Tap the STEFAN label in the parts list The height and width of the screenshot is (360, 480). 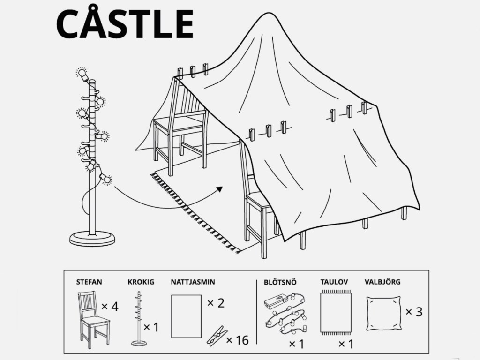[89, 282]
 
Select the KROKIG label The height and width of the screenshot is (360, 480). [141, 282]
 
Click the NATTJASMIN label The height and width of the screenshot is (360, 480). [193, 282]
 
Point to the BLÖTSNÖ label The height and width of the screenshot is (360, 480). [280, 282]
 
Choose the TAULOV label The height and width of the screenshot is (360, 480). [334, 282]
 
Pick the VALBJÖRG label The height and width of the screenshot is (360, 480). [382, 282]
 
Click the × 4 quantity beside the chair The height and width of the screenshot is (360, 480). [110, 306]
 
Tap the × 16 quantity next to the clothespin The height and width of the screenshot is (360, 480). [237, 340]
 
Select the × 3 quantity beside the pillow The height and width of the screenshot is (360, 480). [414, 312]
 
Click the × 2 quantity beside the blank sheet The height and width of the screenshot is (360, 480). [216, 303]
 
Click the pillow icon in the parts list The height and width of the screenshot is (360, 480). [383, 313]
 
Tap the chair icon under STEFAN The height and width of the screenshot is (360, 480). [93, 320]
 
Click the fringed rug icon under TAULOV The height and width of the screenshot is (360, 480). [336, 313]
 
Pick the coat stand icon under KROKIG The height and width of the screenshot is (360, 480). [139, 318]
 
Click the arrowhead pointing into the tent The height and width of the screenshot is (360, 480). [219, 189]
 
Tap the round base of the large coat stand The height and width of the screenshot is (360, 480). [92, 239]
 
